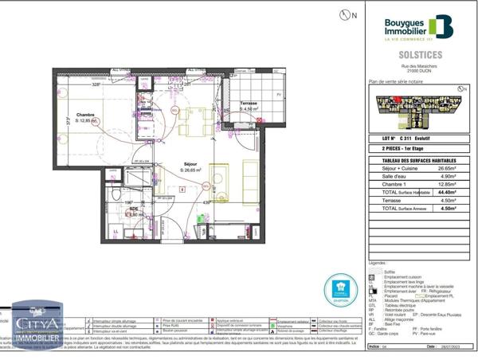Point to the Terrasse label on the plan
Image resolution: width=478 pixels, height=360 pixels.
(249, 104)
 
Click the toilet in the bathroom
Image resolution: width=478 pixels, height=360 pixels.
(115, 197)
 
